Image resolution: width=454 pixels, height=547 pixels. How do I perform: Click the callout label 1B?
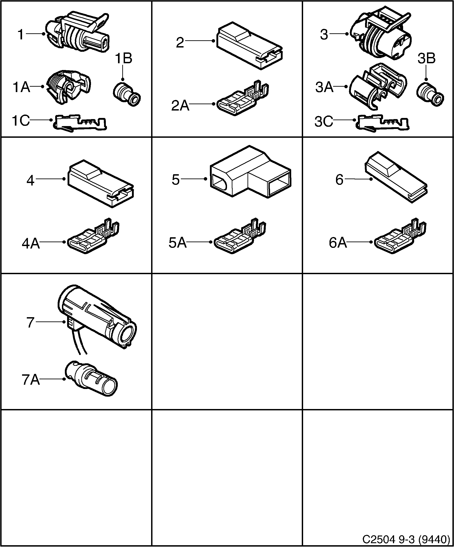pos(124,58)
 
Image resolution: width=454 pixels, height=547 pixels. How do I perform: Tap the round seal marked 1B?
pos(127,94)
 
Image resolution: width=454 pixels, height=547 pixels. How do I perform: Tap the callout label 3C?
pos(324,122)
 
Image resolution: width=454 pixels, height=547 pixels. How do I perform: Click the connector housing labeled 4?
pos(101,184)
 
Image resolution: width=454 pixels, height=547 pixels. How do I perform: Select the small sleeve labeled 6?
pos(396,177)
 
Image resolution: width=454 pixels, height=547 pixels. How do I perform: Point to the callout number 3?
pos(324,34)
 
